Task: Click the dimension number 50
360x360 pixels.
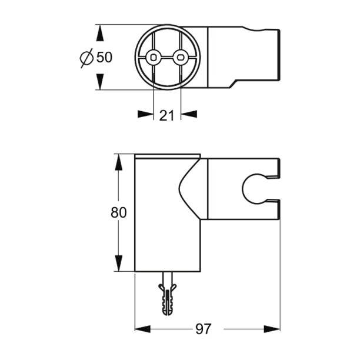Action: (104, 57)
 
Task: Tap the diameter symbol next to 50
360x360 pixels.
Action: (86, 57)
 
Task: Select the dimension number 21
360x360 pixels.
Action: (167, 116)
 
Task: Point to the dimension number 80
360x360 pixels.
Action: (119, 213)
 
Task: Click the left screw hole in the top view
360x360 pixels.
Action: (154, 57)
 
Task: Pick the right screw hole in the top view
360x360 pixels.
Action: (181, 57)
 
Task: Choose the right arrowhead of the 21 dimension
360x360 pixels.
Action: (188, 115)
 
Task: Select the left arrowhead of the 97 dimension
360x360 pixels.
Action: (143, 328)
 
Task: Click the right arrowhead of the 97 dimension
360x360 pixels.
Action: (272, 328)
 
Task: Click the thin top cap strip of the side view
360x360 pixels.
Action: (168, 156)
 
